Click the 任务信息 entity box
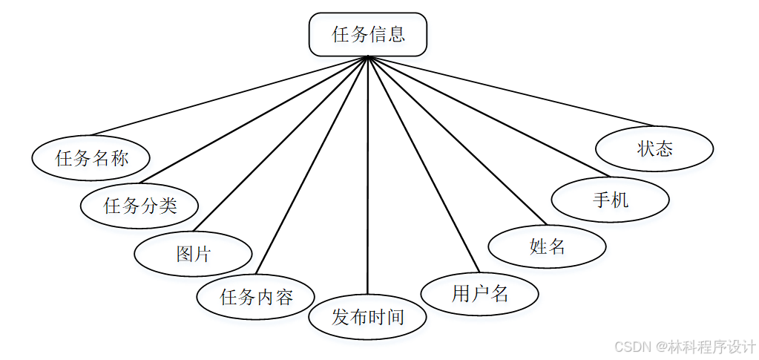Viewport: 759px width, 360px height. click(368, 34)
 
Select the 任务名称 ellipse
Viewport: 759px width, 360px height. click(91, 157)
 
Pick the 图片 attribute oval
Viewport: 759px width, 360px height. click(194, 254)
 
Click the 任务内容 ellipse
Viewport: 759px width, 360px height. click(256, 297)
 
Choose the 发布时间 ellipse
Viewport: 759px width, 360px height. click(368, 318)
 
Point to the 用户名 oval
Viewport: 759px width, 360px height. click(479, 293)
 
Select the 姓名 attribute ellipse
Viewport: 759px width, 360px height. click(548, 246)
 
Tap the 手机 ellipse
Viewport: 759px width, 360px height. click(611, 199)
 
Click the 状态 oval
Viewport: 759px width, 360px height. click(654, 148)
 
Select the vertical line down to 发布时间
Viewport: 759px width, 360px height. click(368, 178)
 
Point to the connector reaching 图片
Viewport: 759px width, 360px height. click(279, 145)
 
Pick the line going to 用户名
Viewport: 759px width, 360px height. click(424, 163)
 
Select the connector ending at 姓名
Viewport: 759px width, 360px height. click(456, 140)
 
